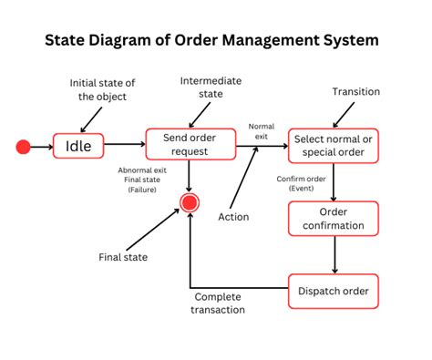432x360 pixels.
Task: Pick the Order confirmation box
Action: click(x=334, y=219)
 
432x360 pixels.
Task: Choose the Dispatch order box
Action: click(x=334, y=291)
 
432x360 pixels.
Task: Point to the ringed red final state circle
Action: click(x=189, y=202)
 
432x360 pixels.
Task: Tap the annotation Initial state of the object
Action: click(x=102, y=90)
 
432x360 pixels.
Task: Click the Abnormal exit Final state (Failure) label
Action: click(x=142, y=180)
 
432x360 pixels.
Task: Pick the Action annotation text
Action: click(x=233, y=217)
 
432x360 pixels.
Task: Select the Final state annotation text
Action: click(x=123, y=257)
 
